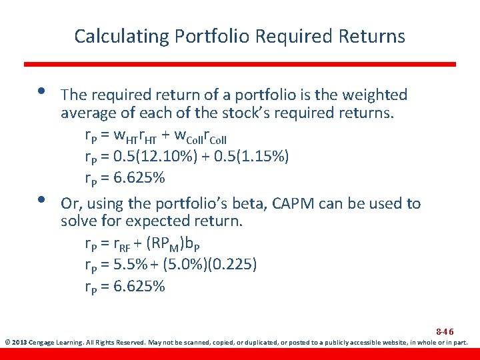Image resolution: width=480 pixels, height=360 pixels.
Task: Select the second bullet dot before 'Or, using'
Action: pos(42,199)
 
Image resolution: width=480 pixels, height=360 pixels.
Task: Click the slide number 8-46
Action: pos(445,331)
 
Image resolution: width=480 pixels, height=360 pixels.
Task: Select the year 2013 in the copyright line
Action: pos(19,343)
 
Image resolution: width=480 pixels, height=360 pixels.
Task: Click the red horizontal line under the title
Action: pos(240,64)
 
